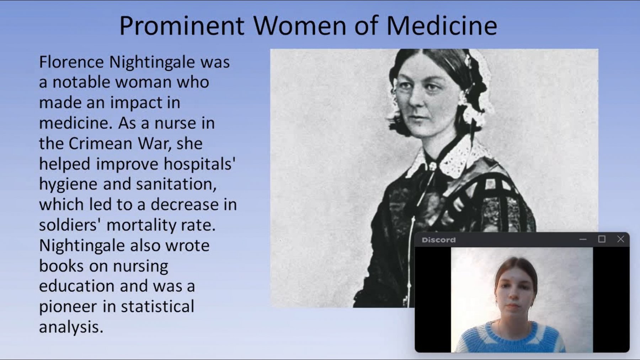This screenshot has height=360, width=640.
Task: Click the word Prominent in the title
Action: [x=182, y=26]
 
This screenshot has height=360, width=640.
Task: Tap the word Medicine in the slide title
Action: [x=442, y=26]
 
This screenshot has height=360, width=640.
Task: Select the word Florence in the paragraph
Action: [x=71, y=62]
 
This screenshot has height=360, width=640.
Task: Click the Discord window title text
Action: [x=439, y=240]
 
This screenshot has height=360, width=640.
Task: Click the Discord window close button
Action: [x=620, y=239]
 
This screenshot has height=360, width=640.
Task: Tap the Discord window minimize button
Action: [x=583, y=240]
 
